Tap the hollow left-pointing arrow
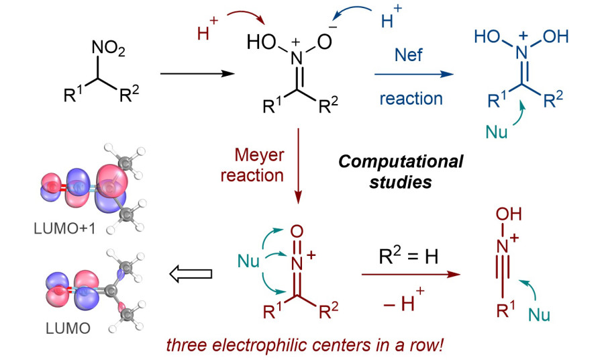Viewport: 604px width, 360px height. [x=191, y=273]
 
